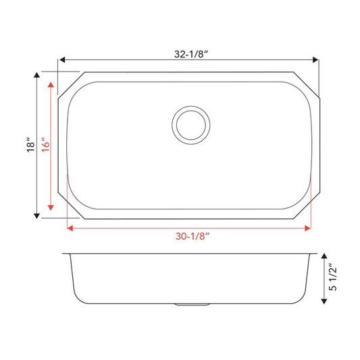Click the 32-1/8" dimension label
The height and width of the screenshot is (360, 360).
(191, 54)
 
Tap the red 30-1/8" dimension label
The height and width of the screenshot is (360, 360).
(192, 236)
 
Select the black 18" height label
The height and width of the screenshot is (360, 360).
(30, 145)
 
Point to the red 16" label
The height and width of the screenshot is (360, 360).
(45, 145)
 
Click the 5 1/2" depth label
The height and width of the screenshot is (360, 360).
(333, 277)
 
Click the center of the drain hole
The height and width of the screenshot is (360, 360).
(190, 125)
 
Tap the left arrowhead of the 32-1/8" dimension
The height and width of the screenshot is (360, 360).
(62, 60)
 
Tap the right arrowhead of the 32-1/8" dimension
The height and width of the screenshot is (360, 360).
(315, 60)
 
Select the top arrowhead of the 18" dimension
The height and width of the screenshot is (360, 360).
(36, 75)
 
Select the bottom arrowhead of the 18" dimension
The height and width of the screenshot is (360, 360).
(36, 215)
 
